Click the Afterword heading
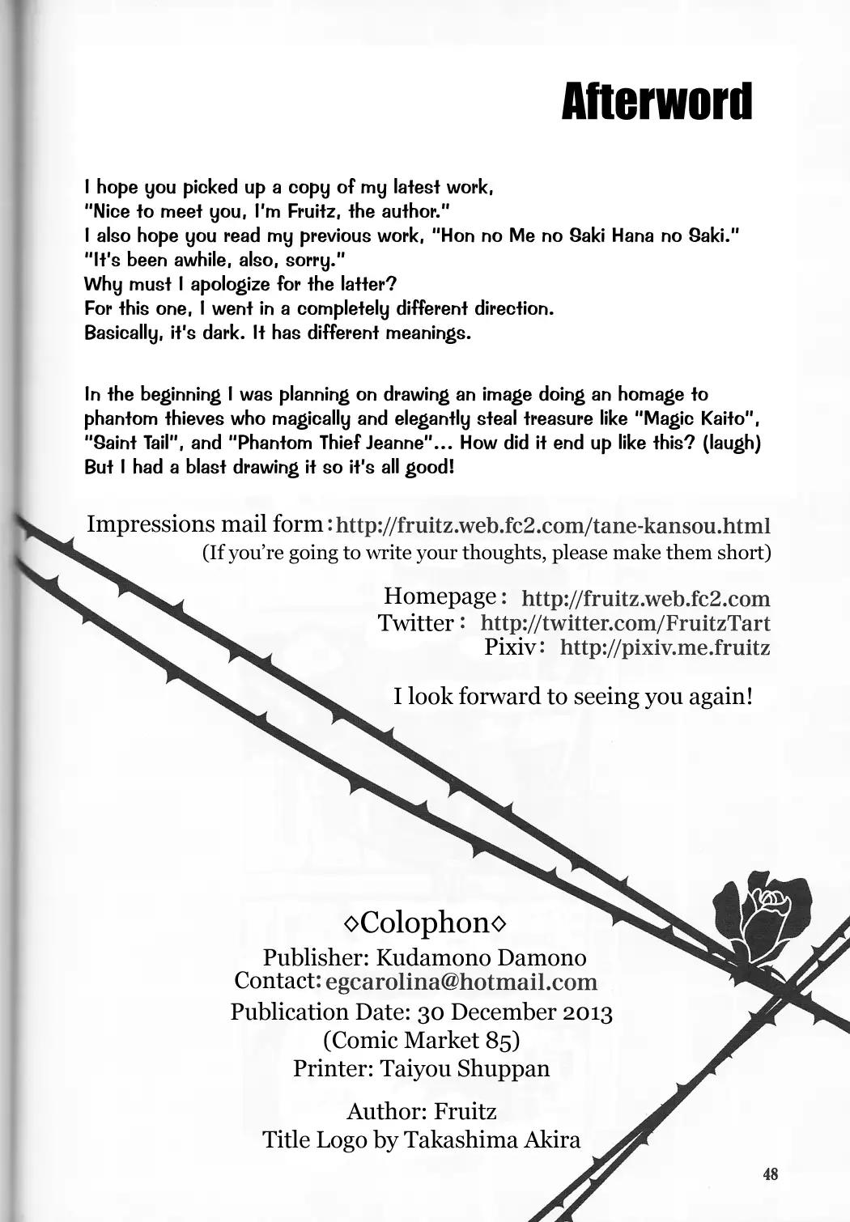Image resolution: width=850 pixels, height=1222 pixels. coord(657,102)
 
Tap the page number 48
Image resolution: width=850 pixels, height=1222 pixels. coord(770,1173)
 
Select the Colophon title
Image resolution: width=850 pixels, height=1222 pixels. coord(426,922)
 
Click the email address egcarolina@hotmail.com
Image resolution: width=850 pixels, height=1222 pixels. coord(461,982)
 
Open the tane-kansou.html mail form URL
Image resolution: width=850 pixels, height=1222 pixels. coord(553,526)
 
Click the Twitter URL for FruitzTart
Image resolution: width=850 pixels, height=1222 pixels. coord(625,623)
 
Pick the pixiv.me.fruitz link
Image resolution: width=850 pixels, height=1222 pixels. coord(665,647)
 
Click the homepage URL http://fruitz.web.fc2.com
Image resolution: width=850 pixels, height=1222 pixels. coord(645,599)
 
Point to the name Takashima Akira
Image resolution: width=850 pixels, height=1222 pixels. coord(492,1140)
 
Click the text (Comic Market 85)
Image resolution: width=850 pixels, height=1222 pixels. coord(421,1039)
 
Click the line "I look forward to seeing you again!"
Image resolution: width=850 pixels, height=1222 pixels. coord(573,696)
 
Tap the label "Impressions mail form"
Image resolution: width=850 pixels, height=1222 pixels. coord(205,524)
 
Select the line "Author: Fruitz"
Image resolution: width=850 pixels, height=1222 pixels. coord(421,1111)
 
